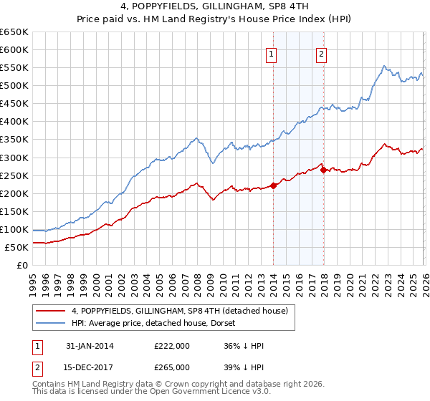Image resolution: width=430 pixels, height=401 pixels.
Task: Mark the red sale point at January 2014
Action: coord(273,185)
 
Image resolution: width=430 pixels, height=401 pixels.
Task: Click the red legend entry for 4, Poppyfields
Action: coord(179,311)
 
